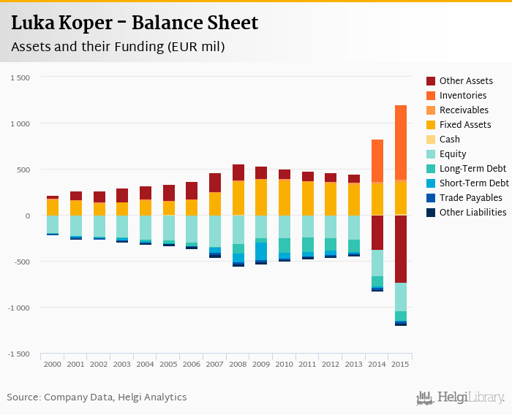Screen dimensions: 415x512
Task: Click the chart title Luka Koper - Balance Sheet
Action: coord(135,23)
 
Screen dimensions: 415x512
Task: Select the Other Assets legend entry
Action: coord(465,81)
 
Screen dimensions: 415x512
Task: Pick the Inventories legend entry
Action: coord(462,96)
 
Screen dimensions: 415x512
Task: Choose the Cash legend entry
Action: coord(449,140)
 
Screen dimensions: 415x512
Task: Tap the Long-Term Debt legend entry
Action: coord(473,169)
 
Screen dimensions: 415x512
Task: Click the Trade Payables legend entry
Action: coord(470,198)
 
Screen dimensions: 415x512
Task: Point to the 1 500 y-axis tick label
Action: coord(20,78)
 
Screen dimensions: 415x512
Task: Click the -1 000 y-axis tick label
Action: coord(19,308)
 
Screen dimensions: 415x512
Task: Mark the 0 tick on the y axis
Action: coord(27,216)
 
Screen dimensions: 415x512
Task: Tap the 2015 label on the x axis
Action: coord(400,364)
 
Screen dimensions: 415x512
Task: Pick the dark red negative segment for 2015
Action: coord(401,248)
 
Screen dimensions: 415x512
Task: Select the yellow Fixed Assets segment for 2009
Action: coord(261,197)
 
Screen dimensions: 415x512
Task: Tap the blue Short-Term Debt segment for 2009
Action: coord(261,251)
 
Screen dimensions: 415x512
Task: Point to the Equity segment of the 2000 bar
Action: coord(53,224)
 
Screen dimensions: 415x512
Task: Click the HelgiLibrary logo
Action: coord(460,397)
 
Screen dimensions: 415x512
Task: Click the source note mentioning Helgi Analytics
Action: coord(97,397)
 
